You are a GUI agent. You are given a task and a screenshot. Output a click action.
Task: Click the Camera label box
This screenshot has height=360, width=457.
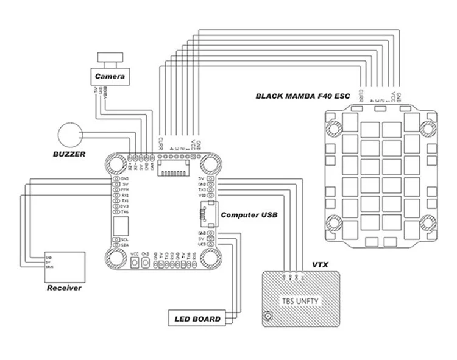click(x=110, y=77)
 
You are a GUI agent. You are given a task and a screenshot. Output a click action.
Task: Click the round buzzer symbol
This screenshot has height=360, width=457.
click(x=69, y=135)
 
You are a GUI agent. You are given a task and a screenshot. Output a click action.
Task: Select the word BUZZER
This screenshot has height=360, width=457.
click(x=68, y=154)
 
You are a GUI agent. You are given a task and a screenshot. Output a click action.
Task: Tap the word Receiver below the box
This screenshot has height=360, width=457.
click(x=64, y=288)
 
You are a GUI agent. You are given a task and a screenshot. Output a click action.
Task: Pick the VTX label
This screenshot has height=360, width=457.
click(x=321, y=265)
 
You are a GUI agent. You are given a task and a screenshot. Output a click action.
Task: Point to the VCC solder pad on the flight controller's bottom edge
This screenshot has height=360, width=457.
click(x=134, y=263)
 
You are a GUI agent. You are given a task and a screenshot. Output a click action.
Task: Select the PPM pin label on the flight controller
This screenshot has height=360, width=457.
click(x=124, y=190)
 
